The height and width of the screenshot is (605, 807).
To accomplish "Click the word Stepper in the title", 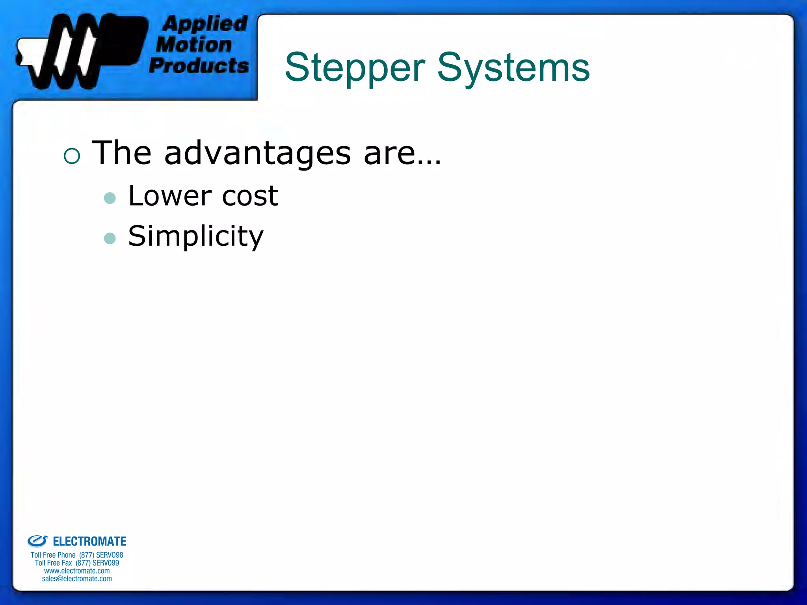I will (355, 68).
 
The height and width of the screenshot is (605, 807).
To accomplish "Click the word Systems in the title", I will (513, 68).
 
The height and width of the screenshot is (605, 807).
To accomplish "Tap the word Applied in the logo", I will (205, 24).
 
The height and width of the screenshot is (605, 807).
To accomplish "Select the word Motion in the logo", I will (194, 45).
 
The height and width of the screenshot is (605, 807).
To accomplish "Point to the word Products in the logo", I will (199, 65).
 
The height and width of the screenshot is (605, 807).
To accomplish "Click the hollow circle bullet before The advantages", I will (72, 156).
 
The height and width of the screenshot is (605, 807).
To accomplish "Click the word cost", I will (250, 196).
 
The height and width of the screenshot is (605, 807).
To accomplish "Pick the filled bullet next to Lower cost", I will (110, 198).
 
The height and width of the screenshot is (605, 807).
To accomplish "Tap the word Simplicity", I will (196, 236).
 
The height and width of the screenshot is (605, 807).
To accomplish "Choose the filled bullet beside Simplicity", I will (110, 238).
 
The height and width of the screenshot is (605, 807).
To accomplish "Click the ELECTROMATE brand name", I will (89, 542).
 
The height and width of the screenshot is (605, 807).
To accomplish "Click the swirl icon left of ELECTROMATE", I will (37, 541).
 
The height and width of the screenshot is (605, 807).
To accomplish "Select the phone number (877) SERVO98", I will (101, 555).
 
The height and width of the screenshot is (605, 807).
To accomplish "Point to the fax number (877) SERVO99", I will (97, 563).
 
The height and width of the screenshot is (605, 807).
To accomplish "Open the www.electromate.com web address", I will (77, 571).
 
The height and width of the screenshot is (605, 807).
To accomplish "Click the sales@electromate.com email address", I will (77, 579).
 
